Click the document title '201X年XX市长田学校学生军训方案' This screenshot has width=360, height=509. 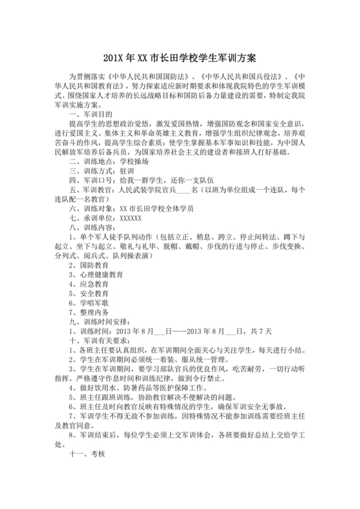point(179,58)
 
